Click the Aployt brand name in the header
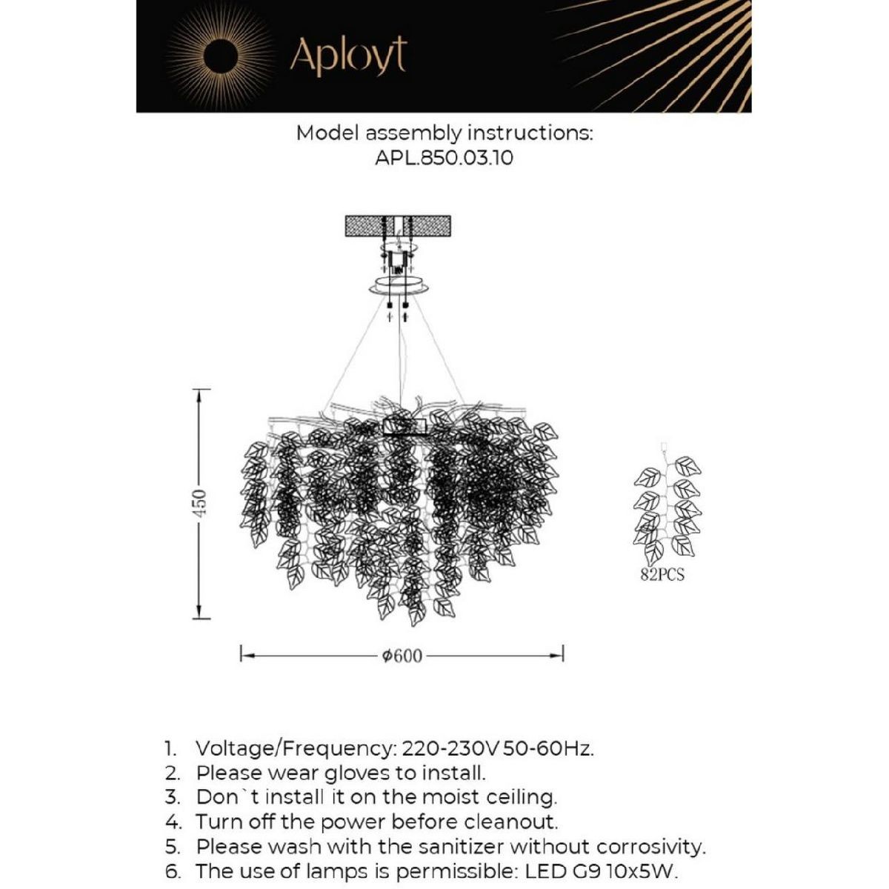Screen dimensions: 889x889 347,56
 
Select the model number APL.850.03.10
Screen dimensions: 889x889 444,158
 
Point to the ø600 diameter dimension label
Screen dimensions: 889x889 402,656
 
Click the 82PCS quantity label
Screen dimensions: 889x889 662,575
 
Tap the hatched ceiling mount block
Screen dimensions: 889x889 399,225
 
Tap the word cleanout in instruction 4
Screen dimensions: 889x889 511,822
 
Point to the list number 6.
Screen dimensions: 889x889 172,870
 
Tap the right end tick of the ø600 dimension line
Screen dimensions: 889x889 563,654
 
